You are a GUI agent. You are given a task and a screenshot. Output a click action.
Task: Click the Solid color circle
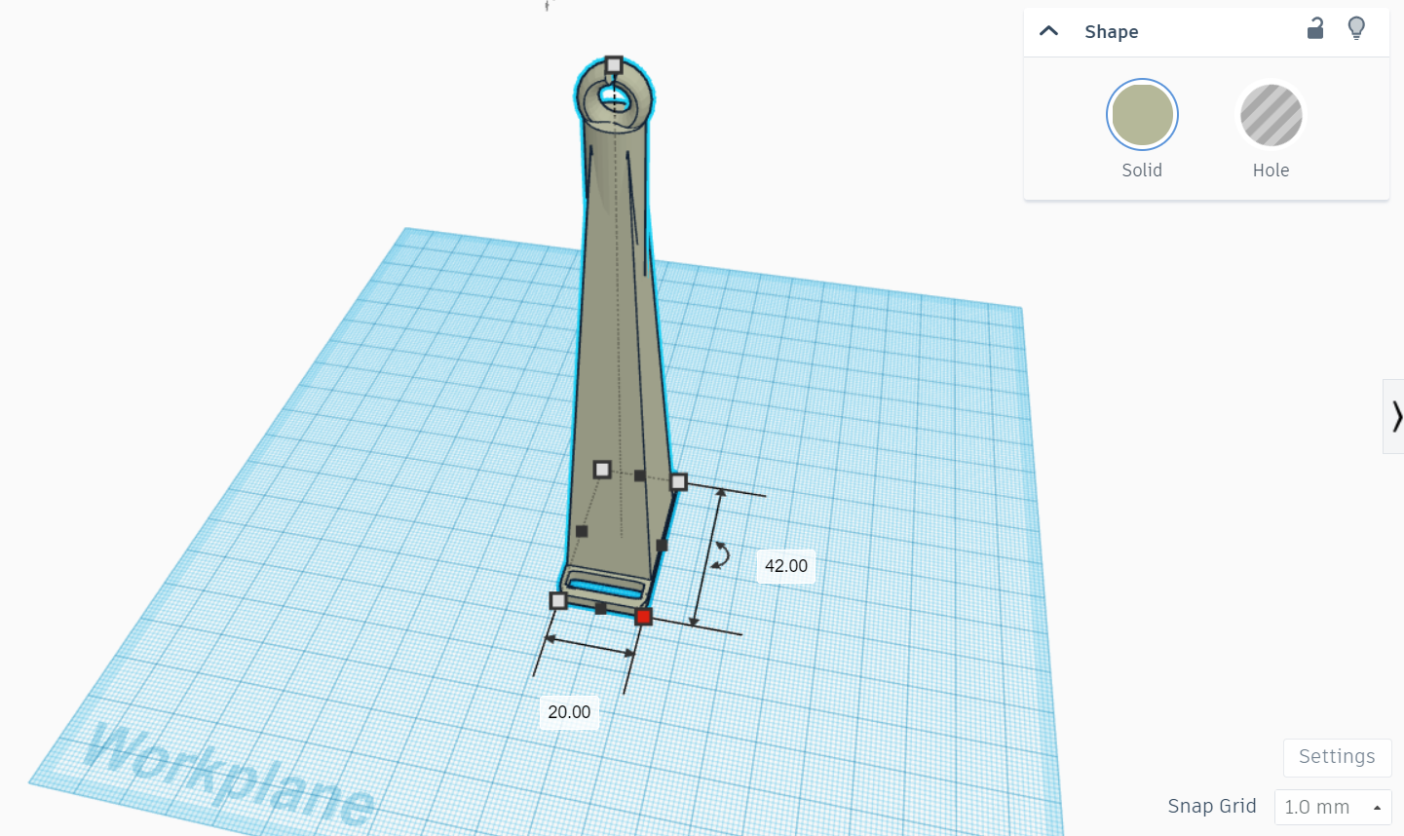tap(1142, 115)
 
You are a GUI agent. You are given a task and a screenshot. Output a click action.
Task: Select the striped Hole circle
tap(1271, 115)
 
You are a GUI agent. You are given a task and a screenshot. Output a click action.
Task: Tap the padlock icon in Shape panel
tap(1315, 28)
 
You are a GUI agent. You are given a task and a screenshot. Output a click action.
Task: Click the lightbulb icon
tap(1356, 28)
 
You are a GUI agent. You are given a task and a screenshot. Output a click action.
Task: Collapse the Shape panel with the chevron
tap(1049, 31)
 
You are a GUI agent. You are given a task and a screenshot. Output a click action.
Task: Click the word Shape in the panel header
tap(1111, 32)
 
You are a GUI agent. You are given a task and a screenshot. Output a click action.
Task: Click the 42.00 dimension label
tap(786, 566)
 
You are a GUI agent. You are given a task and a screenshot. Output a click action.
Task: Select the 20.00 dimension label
tap(569, 712)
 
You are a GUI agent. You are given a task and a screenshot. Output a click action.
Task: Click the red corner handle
tap(643, 617)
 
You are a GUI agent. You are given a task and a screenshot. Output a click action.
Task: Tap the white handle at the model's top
tap(614, 65)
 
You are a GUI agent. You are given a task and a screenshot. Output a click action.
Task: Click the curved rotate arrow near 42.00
tap(721, 555)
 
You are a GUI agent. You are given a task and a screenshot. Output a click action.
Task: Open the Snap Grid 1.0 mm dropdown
tap(1332, 807)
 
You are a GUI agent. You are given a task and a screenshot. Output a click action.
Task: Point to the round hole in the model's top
tap(613, 95)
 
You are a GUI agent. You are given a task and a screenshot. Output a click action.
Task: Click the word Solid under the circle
tap(1142, 171)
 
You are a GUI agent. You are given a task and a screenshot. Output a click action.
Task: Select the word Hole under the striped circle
tap(1271, 171)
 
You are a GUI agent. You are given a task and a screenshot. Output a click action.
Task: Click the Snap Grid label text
tap(1211, 806)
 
